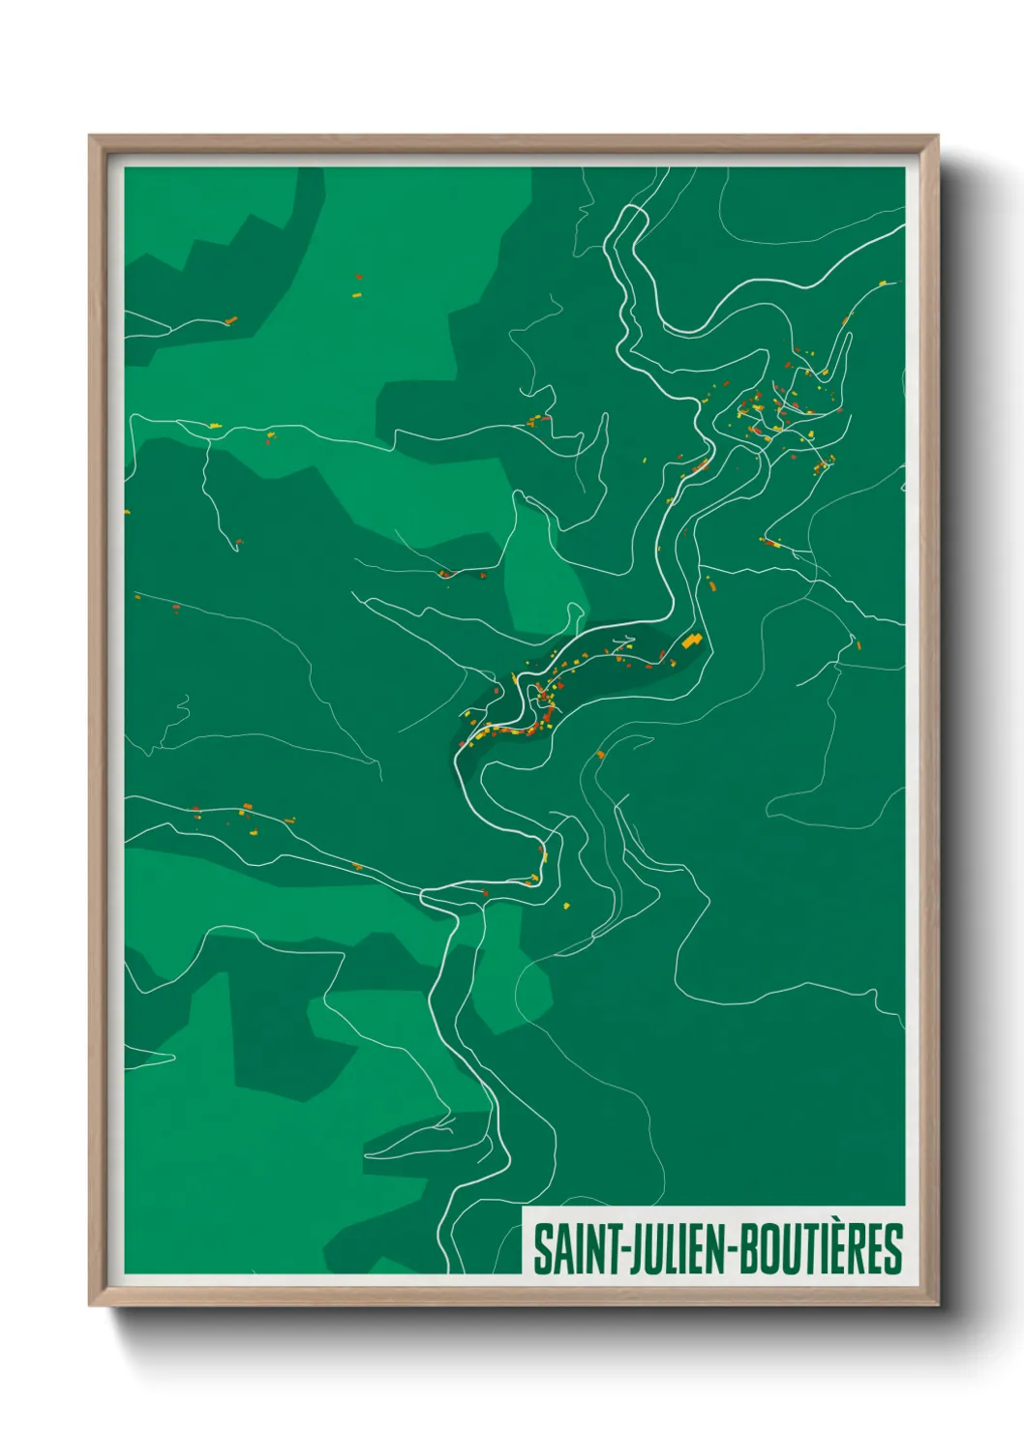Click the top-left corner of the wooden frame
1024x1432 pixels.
[90, 136]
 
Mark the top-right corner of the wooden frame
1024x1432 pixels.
[937, 136]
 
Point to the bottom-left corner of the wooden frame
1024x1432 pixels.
[90, 1304]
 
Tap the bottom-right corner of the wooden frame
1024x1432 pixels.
[937, 1304]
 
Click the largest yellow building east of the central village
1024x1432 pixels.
[691, 641]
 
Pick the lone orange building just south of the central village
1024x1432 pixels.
[600, 754]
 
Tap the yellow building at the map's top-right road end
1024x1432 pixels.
[883, 283]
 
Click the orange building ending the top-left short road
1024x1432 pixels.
[230, 320]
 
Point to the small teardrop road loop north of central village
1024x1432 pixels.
[577, 613]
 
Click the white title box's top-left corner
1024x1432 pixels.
[523, 1207]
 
